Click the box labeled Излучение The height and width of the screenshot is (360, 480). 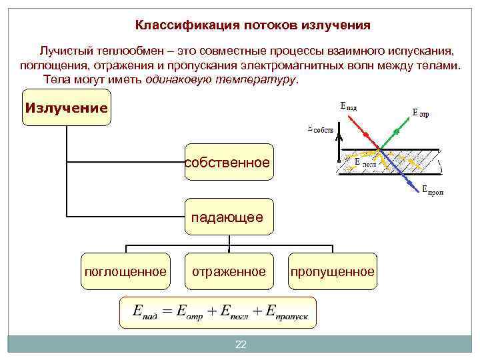(66, 108)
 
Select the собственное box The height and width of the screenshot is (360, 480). (229, 163)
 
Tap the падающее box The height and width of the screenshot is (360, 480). (229, 217)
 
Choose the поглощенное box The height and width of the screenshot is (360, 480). (125, 271)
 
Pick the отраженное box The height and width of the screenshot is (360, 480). (229, 271)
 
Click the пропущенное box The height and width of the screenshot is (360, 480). (332, 271)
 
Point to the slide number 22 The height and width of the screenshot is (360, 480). (241, 344)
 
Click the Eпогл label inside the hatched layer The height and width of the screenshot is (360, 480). (365, 162)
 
